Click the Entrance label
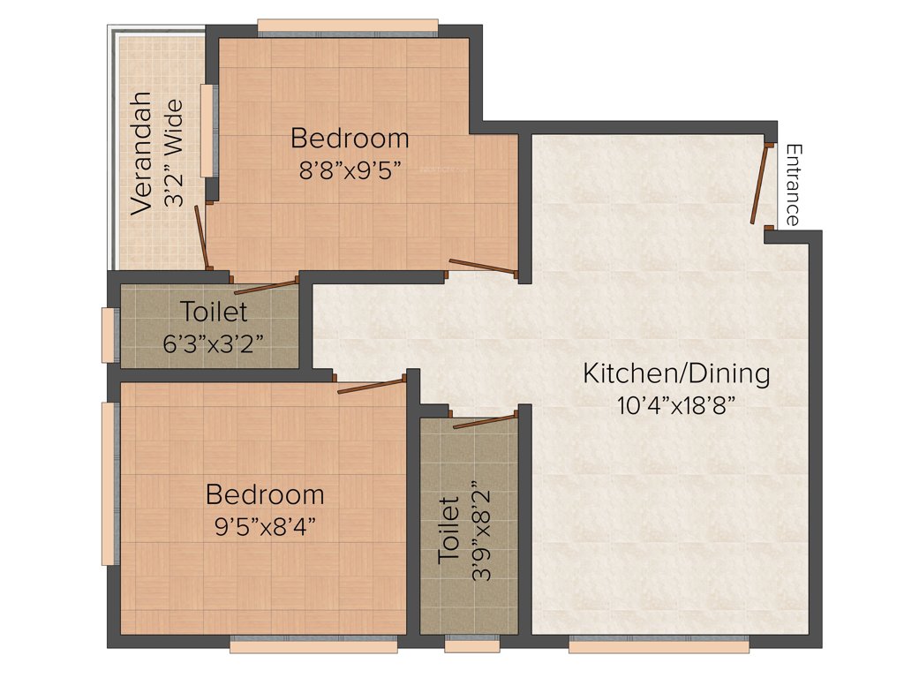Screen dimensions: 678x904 (794, 185)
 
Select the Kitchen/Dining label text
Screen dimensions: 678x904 (676, 373)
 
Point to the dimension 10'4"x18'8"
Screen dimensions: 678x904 (676, 405)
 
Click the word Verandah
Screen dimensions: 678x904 (142, 152)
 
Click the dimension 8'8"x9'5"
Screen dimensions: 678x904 (350, 170)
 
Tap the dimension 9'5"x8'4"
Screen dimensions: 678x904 (265, 526)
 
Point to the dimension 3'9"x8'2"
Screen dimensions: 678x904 (481, 530)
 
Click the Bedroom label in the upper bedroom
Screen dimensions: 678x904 (350, 139)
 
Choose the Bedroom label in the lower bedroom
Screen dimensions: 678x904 (265, 493)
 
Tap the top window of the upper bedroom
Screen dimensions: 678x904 (348, 26)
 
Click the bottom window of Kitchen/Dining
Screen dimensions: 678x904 (659, 646)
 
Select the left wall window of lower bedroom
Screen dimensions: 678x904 (109, 483)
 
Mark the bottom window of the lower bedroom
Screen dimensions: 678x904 (313, 646)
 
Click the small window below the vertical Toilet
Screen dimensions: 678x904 (471, 646)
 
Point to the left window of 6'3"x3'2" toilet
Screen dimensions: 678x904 (108, 335)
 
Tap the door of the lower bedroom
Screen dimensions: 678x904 (372, 386)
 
